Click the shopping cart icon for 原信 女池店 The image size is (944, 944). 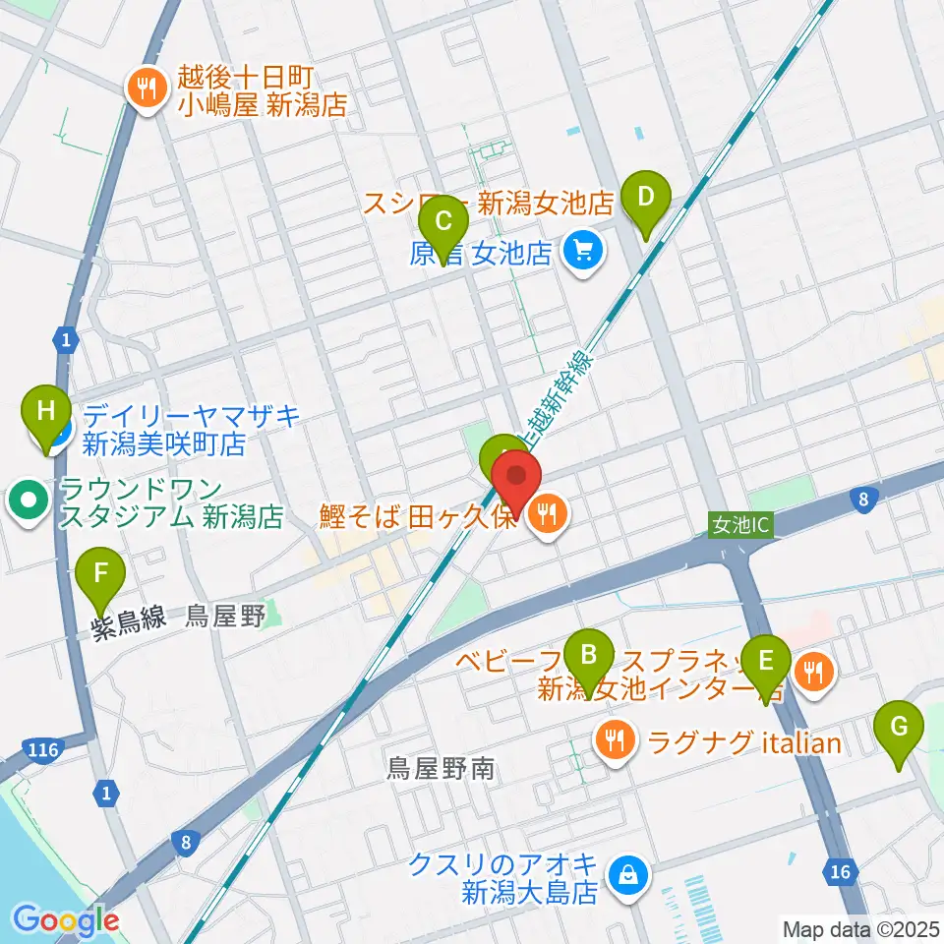582,253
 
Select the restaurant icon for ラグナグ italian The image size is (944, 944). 616,740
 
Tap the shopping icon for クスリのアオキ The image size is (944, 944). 626,872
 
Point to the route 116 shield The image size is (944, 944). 46,750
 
